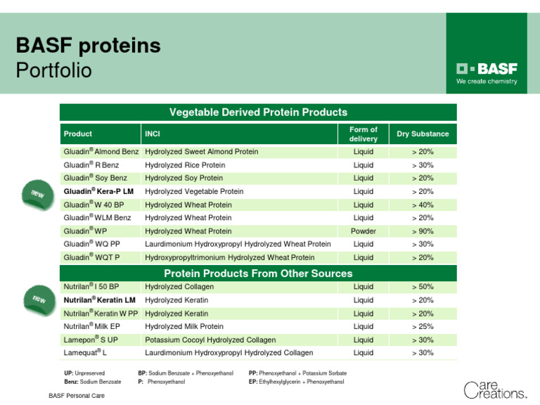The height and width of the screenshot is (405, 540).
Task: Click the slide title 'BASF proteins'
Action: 89,46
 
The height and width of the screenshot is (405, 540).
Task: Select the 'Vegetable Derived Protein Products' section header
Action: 258,112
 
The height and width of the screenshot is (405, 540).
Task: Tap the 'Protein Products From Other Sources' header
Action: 258,273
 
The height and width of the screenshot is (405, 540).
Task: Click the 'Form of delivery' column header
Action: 363,134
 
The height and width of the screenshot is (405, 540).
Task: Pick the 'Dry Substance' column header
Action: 423,134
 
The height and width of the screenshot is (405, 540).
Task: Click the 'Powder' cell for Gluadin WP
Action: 363,231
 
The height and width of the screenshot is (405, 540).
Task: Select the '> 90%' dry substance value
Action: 423,231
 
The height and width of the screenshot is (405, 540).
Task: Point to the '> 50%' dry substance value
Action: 423,287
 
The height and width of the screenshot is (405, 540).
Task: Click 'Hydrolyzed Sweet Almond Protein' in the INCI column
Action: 201,152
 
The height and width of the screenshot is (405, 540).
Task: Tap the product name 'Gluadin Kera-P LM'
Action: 98,191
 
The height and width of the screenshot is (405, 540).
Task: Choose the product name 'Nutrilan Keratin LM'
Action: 99,300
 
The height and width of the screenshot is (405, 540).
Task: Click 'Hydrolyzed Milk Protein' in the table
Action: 184,326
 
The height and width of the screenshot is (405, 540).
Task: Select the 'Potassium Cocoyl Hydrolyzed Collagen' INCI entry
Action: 210,340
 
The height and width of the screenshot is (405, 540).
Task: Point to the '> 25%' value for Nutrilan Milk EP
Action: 423,326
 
